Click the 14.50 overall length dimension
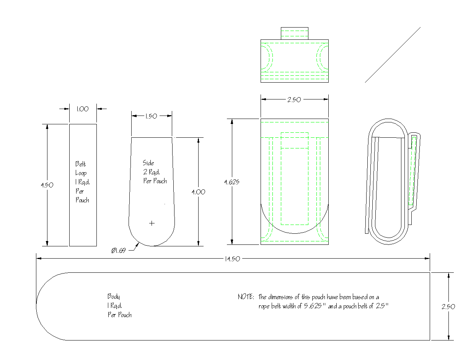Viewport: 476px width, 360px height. coord(233,259)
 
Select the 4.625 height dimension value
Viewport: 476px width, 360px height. coord(232,182)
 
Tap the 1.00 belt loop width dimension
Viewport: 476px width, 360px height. coord(82,109)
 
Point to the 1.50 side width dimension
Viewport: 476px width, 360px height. coord(151,116)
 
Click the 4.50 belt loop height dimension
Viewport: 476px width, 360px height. coord(47,185)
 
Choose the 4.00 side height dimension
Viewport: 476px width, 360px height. coord(198,192)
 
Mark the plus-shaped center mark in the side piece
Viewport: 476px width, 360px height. coord(152,223)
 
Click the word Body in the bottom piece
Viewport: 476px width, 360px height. coord(114,296)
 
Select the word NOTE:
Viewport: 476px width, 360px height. coord(246,297)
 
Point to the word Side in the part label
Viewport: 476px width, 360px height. coord(148,163)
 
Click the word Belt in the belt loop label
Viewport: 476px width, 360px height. coord(81,164)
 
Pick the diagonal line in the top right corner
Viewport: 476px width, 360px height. coord(393,55)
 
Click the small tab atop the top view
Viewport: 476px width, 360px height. coord(294,33)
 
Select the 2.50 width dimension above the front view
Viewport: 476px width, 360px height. coord(294,100)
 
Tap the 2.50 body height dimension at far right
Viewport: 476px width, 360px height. coord(448,306)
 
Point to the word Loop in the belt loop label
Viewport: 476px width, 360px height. coord(81,173)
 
